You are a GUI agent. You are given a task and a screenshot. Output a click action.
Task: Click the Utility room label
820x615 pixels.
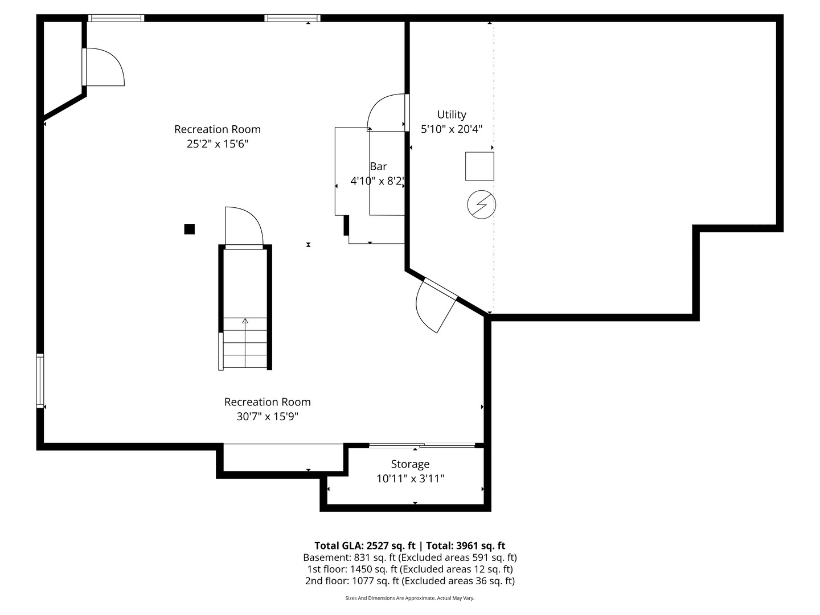(452, 114)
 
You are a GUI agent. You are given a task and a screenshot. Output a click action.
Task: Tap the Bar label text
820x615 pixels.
(378, 166)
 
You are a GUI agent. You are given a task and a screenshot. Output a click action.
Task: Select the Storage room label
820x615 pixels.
(410, 464)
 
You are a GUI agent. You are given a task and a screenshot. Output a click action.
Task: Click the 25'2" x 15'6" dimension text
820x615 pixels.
(218, 144)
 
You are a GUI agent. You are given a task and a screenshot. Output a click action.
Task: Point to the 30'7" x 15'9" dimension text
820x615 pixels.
(267, 416)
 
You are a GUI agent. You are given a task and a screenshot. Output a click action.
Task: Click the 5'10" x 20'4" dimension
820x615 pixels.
(452, 129)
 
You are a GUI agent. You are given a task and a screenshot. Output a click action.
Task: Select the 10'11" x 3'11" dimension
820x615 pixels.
(410, 479)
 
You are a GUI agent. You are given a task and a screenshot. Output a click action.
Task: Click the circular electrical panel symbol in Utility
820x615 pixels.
(481, 204)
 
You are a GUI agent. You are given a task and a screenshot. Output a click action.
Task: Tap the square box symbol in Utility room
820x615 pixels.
(479, 166)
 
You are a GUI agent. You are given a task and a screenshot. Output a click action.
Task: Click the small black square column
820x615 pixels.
(190, 229)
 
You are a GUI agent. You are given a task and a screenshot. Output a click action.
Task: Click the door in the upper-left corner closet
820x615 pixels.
(104, 67)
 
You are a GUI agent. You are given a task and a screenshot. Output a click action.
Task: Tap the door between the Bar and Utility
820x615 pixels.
(388, 112)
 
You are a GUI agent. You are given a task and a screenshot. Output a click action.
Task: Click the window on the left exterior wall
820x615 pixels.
(40, 380)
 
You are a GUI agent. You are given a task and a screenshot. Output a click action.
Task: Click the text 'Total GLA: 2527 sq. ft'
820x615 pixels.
(365, 546)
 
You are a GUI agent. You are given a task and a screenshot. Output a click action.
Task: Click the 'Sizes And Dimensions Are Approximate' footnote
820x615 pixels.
(409, 598)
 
